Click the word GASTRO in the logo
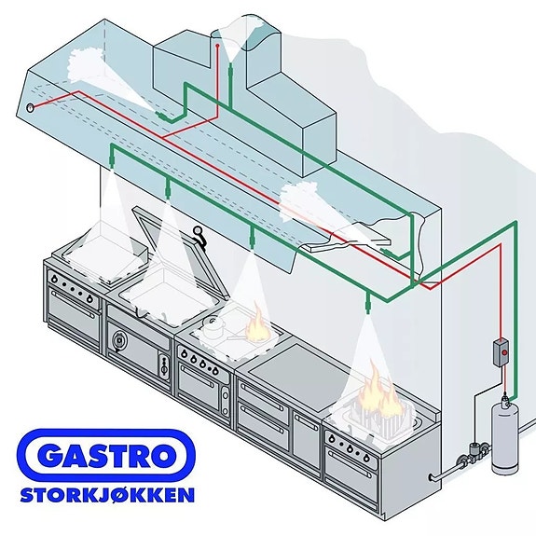[x=106, y=456]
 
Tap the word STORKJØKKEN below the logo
[x=107, y=495]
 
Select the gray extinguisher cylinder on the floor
[x=504, y=437]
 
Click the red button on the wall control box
[x=504, y=352]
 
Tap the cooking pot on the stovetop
[x=213, y=325]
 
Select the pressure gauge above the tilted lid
[x=198, y=231]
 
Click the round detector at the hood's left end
[x=30, y=108]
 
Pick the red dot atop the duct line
[x=217, y=46]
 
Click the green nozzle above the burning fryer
[x=368, y=304]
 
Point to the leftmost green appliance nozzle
[x=112, y=159]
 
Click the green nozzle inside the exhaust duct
[x=230, y=71]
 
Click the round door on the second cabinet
[x=118, y=339]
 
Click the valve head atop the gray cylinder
[x=505, y=401]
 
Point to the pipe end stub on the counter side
[x=433, y=477]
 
